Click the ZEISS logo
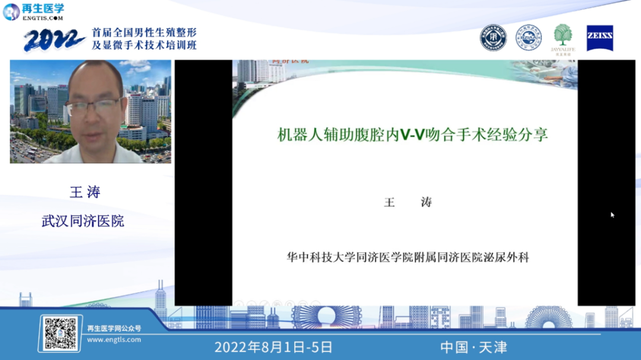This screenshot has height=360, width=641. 599,37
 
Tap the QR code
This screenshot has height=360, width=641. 61,333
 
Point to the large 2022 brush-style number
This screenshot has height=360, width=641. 54,40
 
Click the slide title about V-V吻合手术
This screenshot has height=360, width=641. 412,135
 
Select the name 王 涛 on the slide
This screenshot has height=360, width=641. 408,202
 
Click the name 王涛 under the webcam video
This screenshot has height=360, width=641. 85,192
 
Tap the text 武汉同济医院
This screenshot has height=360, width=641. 83,221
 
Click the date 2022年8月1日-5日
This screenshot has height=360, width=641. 273,347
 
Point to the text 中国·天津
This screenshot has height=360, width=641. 474,347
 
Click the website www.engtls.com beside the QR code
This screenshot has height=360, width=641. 114,340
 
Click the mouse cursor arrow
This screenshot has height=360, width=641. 613,215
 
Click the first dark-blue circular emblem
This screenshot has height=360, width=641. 493,37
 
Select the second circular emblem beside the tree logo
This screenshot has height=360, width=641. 528,37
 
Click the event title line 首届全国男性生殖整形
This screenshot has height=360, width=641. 144,33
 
